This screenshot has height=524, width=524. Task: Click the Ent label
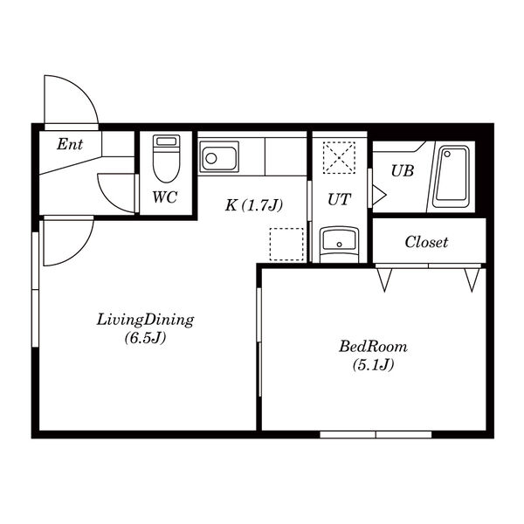[70, 144]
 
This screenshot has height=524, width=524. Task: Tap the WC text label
[165, 196]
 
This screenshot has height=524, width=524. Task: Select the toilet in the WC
[167, 158]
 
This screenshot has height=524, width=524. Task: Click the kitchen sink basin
[219, 156]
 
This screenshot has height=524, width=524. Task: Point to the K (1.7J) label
[254, 205]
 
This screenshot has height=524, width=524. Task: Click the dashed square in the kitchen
[286, 245]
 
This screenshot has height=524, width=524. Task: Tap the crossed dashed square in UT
[339, 157]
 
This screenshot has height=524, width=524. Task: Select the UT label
[339, 199]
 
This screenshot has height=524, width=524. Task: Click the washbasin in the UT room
[339, 245]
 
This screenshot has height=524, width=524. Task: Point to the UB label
[403, 171]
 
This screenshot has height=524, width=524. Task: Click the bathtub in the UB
[452, 176]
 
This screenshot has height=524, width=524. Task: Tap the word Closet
[426, 242]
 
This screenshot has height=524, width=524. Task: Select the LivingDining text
[145, 321]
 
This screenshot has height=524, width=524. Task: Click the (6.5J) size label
[145, 338]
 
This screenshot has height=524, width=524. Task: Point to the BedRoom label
[373, 347]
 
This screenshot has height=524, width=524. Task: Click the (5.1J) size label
[373, 364]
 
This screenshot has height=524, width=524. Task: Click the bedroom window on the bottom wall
[376, 435]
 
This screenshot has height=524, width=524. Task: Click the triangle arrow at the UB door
[379, 195]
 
